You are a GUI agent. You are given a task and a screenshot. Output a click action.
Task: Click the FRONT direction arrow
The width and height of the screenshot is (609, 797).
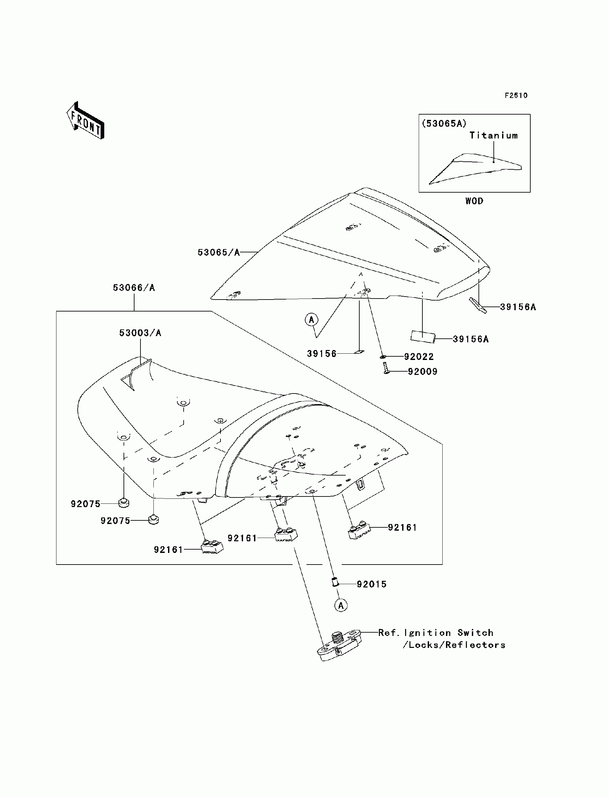tap(85, 121)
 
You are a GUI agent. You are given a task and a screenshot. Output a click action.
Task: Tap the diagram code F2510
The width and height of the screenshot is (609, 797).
tap(516, 95)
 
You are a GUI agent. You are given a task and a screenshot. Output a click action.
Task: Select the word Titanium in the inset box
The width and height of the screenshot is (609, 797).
tap(493, 135)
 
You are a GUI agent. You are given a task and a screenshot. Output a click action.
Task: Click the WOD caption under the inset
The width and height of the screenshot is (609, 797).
tap(474, 201)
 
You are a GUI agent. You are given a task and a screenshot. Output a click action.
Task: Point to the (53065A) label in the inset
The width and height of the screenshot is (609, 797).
tap(444, 124)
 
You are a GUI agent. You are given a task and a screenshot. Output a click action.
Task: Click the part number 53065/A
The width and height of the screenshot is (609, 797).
tap(218, 253)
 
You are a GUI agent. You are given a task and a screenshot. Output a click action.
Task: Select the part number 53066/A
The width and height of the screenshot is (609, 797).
tap(134, 288)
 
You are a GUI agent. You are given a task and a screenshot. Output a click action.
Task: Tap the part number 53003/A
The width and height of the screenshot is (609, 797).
tap(140, 333)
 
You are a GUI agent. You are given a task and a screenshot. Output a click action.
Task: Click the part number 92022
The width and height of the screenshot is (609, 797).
tap(419, 357)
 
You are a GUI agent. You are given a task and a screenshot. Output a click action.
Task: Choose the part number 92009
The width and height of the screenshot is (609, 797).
tap(423, 372)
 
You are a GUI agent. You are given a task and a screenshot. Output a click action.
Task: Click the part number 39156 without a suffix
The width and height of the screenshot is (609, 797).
tap(322, 354)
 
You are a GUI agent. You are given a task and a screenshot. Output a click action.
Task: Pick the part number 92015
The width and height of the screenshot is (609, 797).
tap(372, 584)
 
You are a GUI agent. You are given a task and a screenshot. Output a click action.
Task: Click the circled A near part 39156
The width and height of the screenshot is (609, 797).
tap(311, 320)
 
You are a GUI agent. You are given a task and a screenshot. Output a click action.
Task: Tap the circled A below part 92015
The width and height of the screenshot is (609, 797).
tap(341, 605)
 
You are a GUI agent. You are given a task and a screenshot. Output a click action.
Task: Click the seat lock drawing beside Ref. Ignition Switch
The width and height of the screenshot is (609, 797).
tap(339, 645)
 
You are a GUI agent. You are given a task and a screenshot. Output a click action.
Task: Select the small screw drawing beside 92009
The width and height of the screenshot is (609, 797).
tap(386, 368)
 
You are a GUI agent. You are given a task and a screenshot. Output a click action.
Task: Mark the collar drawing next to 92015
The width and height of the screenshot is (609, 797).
tap(335, 583)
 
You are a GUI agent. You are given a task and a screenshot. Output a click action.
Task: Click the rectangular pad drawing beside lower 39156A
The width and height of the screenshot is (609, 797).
tap(422, 336)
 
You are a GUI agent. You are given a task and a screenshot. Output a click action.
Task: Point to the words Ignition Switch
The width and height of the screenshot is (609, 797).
tap(449, 633)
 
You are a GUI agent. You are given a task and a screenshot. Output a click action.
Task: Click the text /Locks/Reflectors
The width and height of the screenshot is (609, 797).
tap(454, 645)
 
